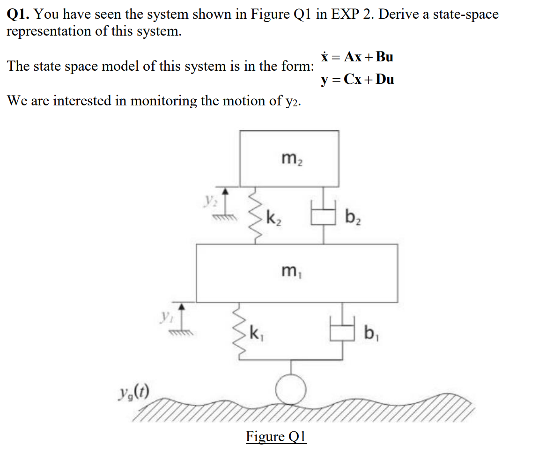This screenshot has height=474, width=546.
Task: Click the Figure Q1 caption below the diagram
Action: click(276, 437)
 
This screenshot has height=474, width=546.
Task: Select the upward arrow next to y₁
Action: click(182, 314)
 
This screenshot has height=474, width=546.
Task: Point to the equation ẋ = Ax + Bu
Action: click(357, 57)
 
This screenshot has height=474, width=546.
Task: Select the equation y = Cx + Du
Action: click(357, 79)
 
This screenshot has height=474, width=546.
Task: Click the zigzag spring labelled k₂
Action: click(255, 215)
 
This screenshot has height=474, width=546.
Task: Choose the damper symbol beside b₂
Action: click(323, 216)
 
